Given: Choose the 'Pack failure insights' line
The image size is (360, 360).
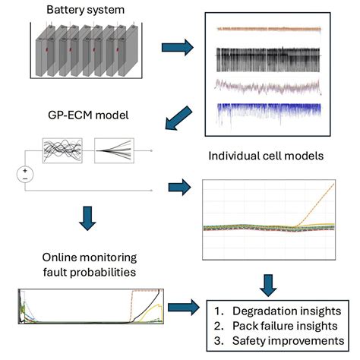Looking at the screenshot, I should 279,327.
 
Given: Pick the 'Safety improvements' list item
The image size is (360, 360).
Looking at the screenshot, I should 279,342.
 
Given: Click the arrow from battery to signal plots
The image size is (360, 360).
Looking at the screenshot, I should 178,49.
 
